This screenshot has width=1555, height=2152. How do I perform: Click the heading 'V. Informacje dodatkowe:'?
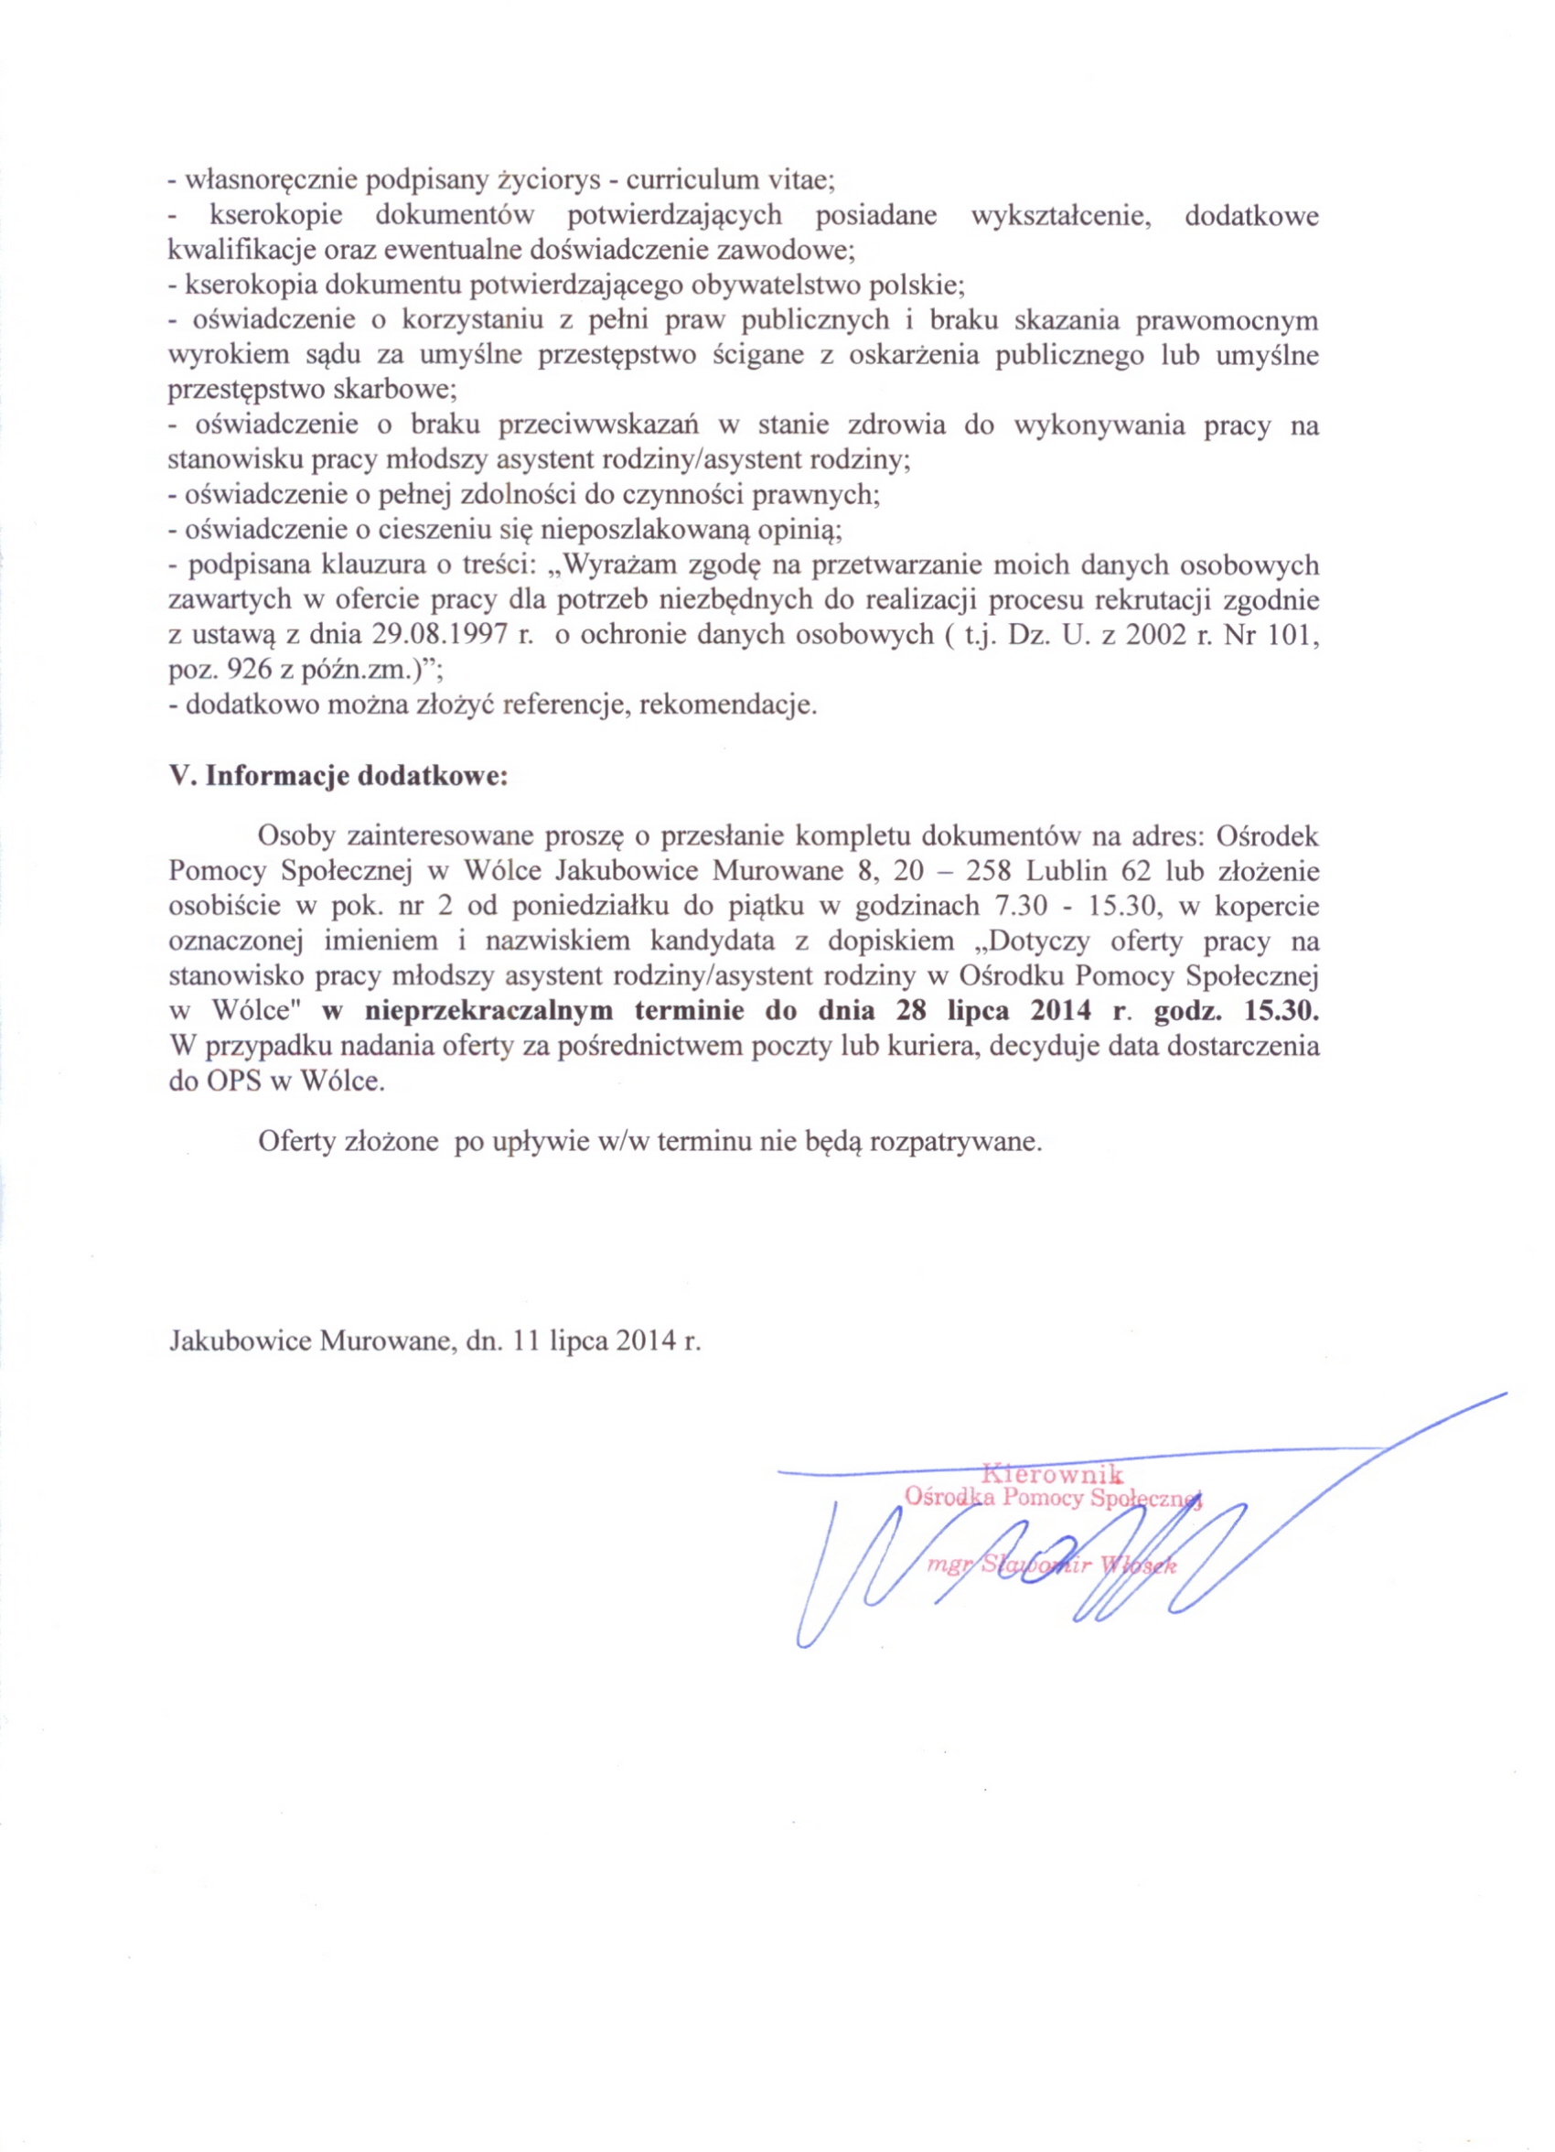pyautogui.click(x=338, y=775)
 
